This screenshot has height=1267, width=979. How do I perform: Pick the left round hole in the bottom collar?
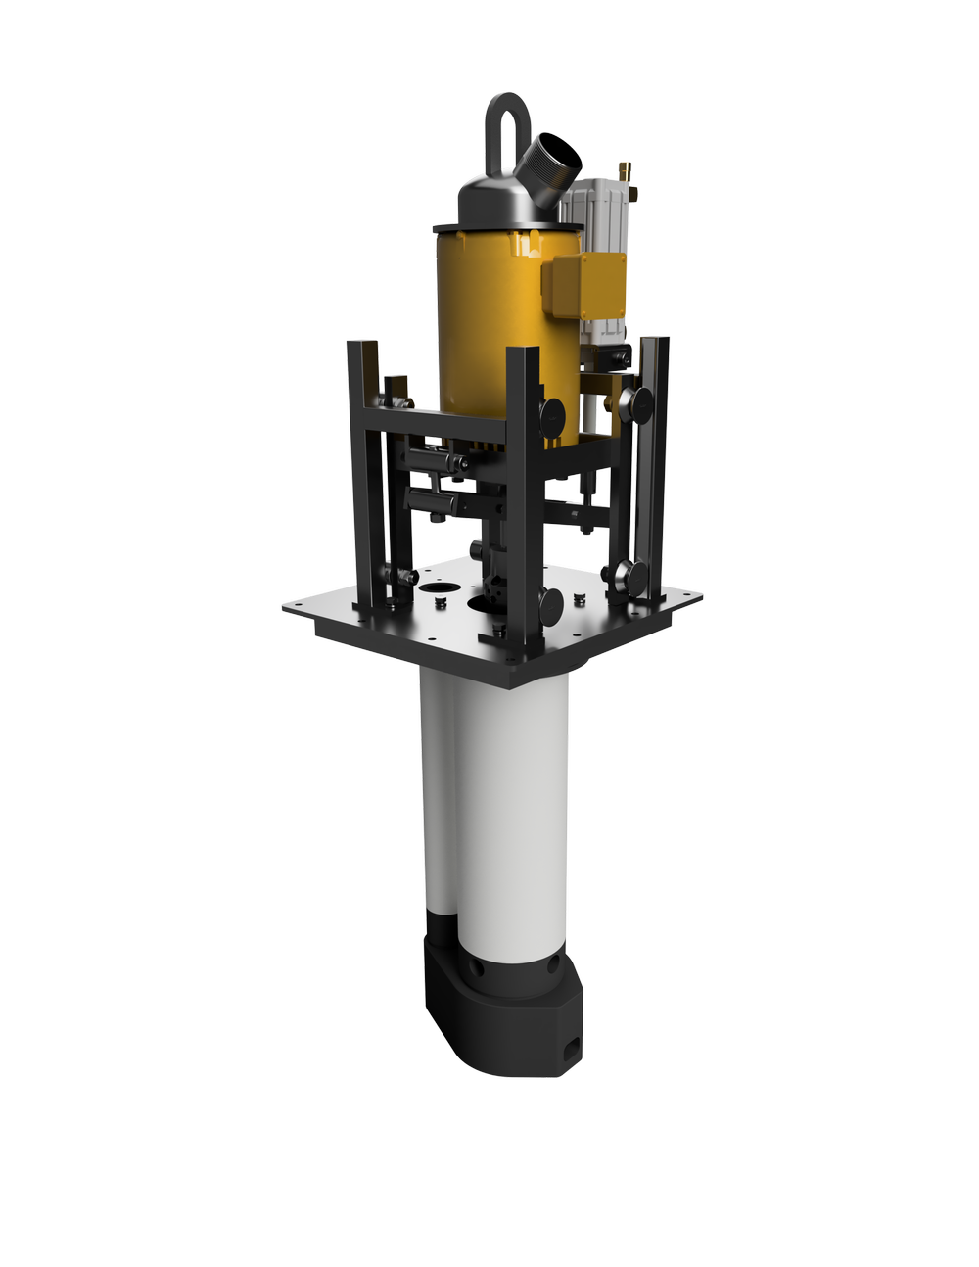click(x=478, y=966)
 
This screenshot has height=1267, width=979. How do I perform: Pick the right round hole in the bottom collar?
click(x=554, y=965)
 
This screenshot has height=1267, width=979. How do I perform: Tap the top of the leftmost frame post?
click(x=362, y=344)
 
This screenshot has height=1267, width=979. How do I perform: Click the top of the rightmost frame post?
click(x=656, y=342)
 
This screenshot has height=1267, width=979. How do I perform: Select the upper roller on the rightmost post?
click(x=641, y=399)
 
